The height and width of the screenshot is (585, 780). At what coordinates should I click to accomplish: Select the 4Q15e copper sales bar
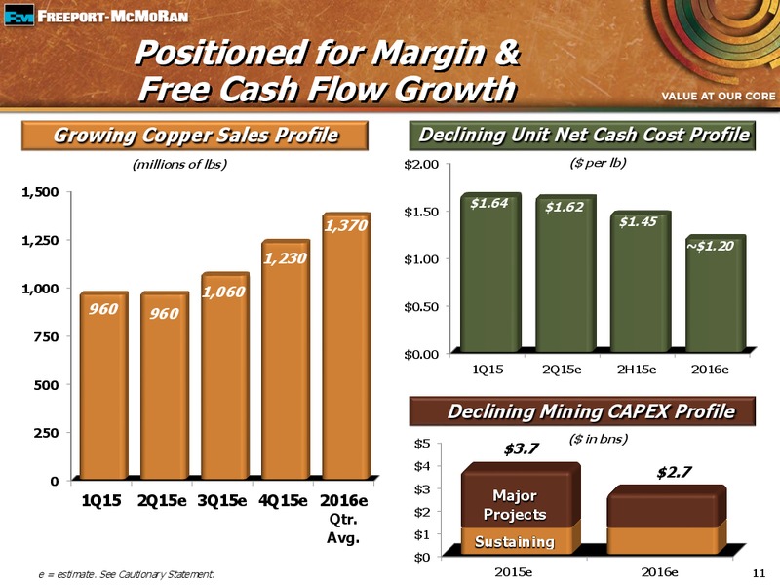pos(286,359)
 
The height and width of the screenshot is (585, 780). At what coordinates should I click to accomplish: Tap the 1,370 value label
pos(346,226)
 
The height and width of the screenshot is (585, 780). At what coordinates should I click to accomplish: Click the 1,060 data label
pos(223,292)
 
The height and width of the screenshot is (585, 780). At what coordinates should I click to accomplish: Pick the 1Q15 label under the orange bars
pos(101,500)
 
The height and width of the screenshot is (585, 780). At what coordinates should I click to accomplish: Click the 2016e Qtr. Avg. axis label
pos(344,519)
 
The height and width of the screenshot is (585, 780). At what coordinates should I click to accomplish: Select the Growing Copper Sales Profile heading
pos(195,136)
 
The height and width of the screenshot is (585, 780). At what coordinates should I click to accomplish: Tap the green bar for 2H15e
pos(641,282)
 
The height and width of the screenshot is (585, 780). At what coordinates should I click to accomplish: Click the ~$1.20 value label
pos(710,246)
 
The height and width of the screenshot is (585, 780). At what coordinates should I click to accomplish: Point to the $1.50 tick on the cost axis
pos(421,212)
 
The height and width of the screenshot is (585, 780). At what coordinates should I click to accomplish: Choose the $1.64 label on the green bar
pos(489,203)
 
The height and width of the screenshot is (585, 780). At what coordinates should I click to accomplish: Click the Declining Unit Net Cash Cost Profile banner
pos(582,136)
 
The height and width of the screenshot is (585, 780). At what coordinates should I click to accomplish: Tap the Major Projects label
pos(515,505)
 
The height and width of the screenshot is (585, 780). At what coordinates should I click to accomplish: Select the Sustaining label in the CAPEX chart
pos(515,541)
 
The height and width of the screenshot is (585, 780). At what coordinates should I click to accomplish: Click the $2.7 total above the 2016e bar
pos(674,472)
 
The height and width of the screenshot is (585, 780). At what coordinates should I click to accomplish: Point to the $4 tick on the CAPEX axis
pos(422,466)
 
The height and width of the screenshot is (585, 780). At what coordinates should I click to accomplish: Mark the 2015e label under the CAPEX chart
pos(514,572)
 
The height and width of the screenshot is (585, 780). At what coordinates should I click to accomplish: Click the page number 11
pos(760,573)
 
